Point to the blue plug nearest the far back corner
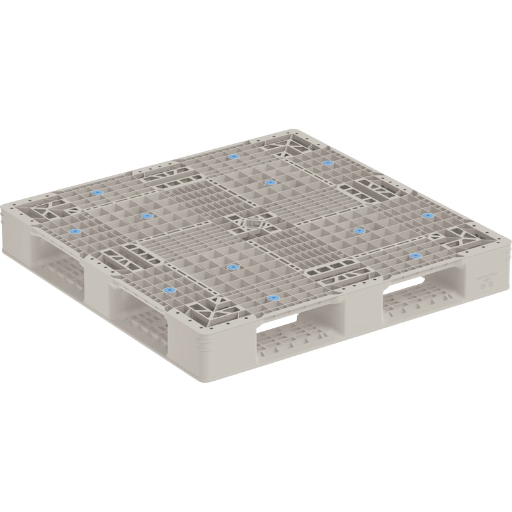[x=328, y=163]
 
